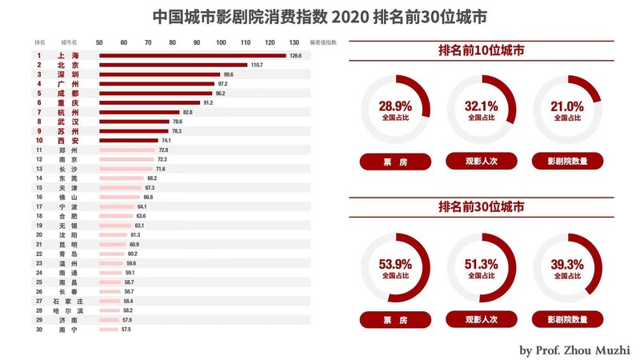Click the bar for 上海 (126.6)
(192, 55)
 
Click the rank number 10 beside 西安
(38, 140)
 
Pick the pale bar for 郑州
(127, 150)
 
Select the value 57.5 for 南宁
(126, 329)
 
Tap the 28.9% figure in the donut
(394, 106)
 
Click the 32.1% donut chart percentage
(482, 106)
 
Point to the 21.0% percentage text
(567, 106)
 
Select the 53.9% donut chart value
(394, 264)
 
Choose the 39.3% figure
(567, 264)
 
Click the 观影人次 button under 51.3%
(482, 319)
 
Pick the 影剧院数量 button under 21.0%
(567, 162)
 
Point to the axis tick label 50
(99, 42)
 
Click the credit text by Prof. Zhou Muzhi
(574, 350)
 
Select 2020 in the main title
(345, 16)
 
